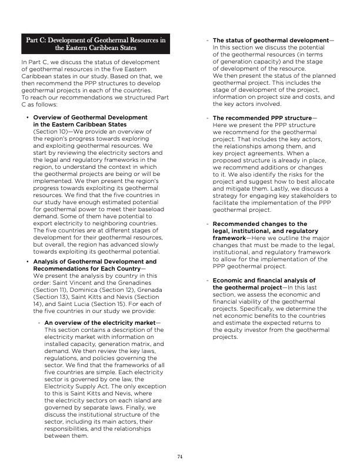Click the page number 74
tap(180, 455)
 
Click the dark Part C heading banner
tap(95, 44)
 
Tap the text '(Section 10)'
tap(49, 131)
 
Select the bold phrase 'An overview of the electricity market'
tap(100, 324)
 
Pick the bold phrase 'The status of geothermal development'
tap(269, 40)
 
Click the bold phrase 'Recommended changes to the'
tap(259, 224)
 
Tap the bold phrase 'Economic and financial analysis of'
tap(264, 280)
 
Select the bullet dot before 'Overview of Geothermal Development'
tap(28, 118)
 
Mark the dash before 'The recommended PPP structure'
tap(207, 118)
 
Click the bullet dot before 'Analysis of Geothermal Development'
tap(28, 261)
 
